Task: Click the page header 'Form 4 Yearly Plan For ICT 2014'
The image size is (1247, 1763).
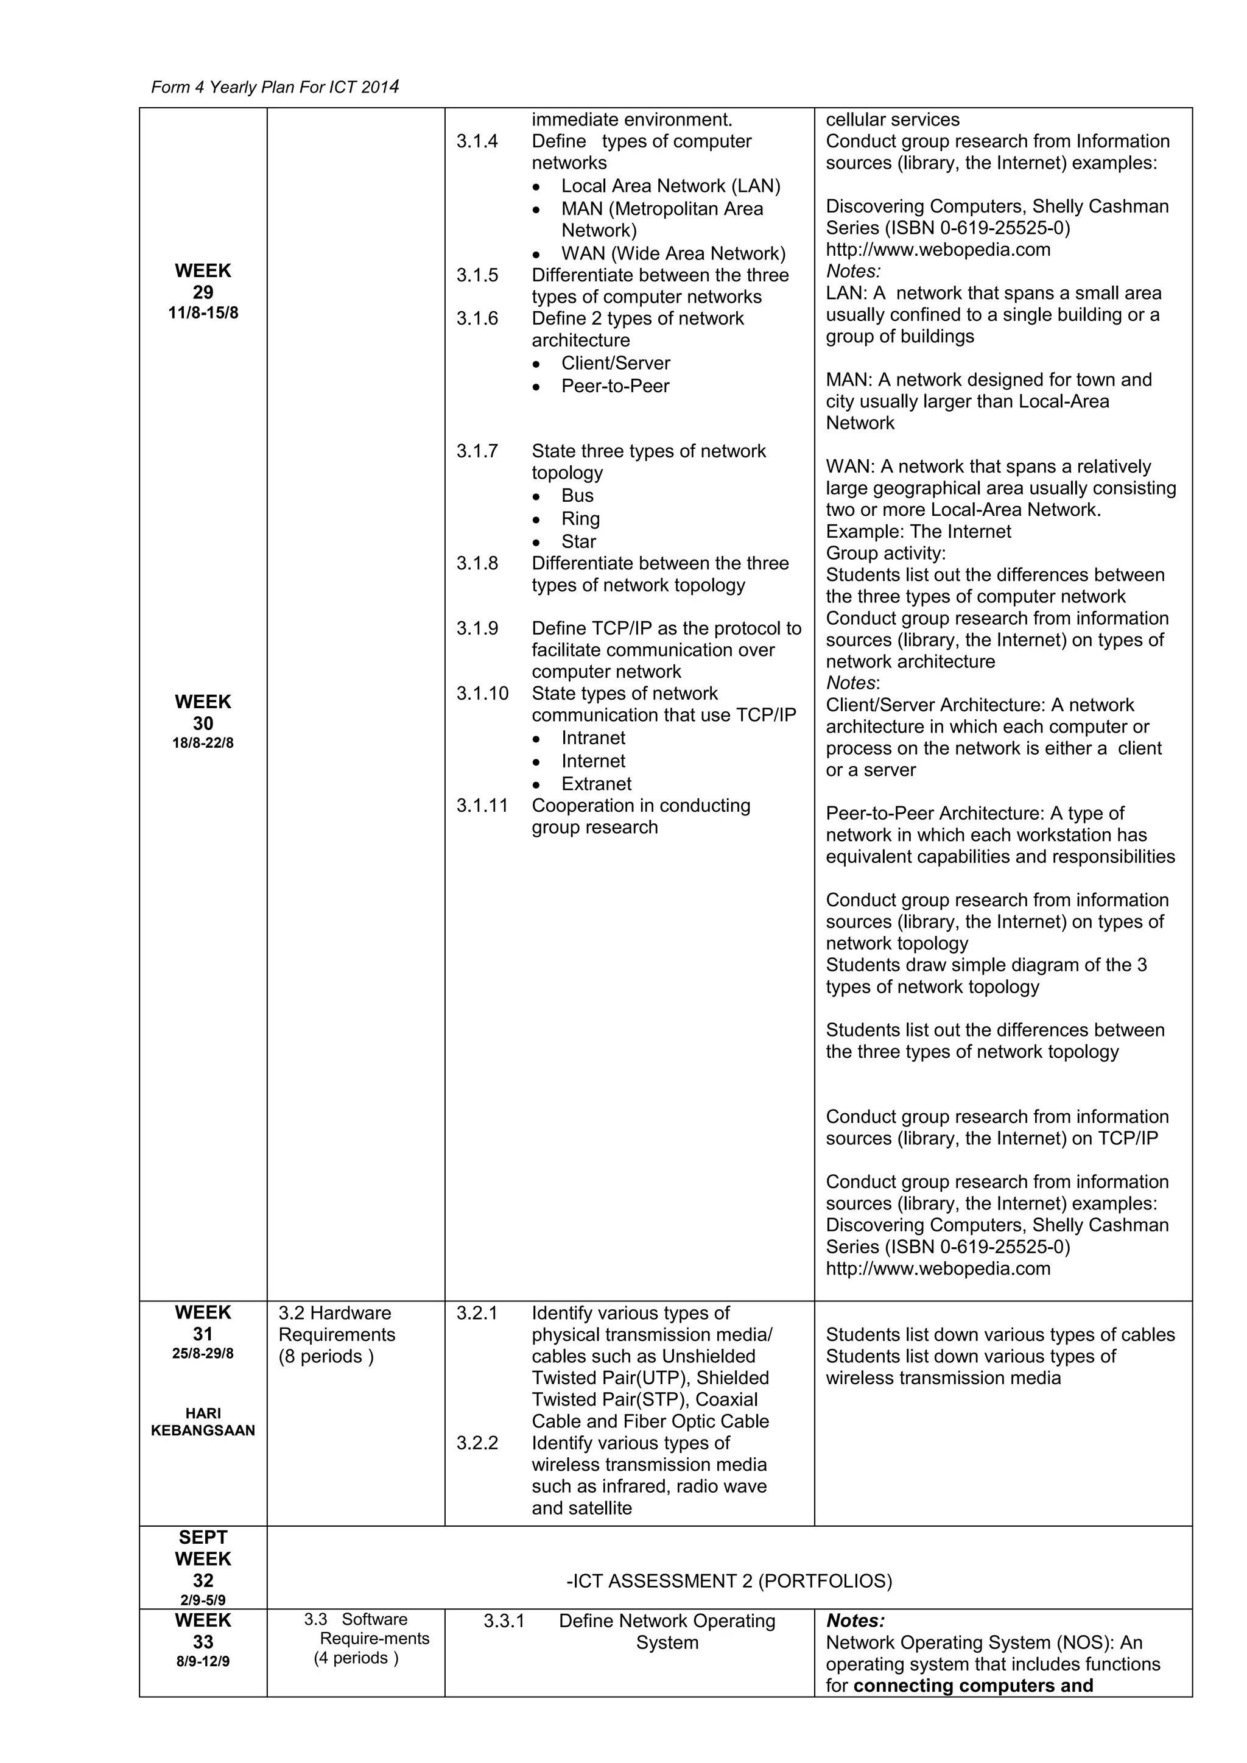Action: click(x=275, y=86)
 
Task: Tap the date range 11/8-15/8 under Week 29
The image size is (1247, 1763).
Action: click(x=203, y=313)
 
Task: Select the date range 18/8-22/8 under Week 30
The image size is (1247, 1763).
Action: click(x=203, y=744)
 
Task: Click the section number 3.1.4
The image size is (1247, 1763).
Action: click(x=477, y=141)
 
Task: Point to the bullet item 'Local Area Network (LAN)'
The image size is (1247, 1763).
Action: click(x=670, y=186)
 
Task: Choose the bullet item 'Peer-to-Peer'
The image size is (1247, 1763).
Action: click(x=615, y=386)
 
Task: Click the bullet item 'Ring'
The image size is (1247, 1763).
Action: click(x=580, y=518)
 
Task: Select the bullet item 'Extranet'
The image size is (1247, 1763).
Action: click(x=597, y=784)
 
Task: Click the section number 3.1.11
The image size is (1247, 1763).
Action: click(x=482, y=806)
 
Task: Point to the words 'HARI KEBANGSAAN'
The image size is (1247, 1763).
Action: click(x=203, y=1422)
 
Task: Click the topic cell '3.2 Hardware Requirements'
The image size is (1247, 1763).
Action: click(x=336, y=1334)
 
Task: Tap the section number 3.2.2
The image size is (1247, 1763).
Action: click(x=477, y=1443)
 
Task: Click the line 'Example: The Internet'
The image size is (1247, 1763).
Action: click(x=918, y=532)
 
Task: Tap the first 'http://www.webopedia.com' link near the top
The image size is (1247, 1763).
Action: click(x=938, y=250)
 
